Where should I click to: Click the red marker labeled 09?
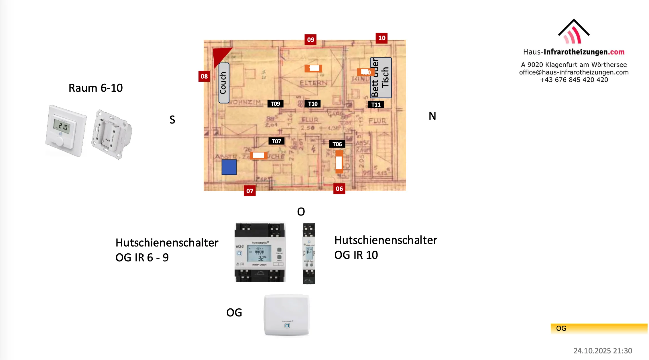(x=310, y=40)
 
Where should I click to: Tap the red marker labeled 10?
(x=381, y=38)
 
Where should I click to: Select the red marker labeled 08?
(x=204, y=76)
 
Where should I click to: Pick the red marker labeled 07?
(x=249, y=191)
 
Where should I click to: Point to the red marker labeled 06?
(x=339, y=189)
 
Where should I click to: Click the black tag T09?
(x=275, y=104)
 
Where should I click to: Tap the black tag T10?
(x=312, y=104)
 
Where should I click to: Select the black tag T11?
(x=376, y=105)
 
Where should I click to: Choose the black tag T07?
(x=276, y=141)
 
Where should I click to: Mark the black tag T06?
(x=337, y=144)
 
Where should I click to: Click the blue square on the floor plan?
(x=229, y=167)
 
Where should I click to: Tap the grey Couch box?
(x=224, y=83)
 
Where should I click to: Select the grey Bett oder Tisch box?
(x=381, y=78)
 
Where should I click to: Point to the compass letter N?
(x=432, y=116)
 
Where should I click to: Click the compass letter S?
(x=172, y=120)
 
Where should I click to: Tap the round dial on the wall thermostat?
(x=60, y=142)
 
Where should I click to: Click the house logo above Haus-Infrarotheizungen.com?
(x=573, y=32)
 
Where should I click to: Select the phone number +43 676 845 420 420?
(x=574, y=80)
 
